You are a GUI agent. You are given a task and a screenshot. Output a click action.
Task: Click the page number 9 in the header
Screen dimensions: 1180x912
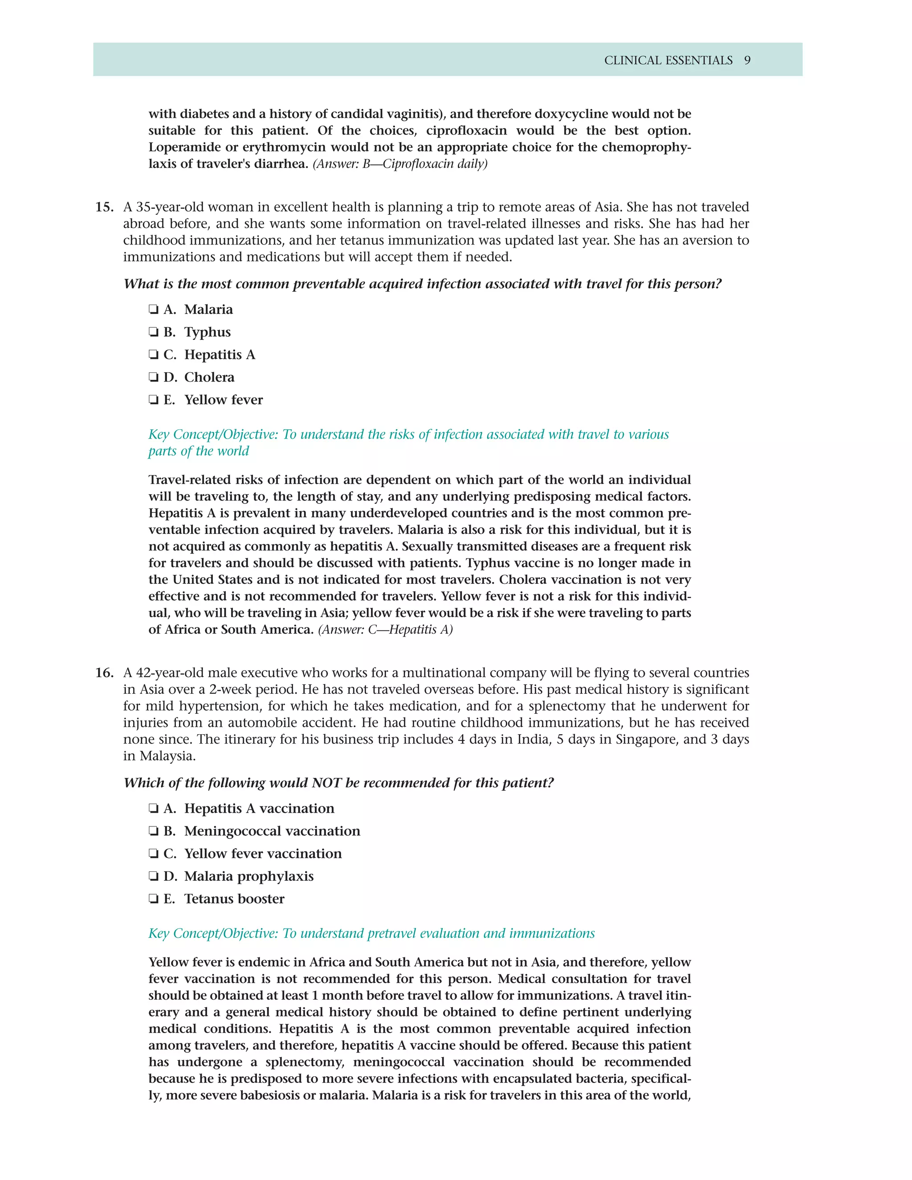[x=747, y=61]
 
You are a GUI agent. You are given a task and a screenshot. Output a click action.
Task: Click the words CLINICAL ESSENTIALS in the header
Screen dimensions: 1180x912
[x=668, y=61]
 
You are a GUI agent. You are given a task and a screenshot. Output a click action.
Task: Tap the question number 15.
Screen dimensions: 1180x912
[x=104, y=208]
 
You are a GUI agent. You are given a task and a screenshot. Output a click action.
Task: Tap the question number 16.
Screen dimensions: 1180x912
[x=104, y=673]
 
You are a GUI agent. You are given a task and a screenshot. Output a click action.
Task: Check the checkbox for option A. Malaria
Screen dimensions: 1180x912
[x=154, y=309]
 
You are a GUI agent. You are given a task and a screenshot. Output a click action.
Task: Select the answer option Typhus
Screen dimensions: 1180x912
[x=207, y=332]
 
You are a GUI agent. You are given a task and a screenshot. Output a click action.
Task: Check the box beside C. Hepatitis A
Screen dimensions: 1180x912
[x=154, y=355]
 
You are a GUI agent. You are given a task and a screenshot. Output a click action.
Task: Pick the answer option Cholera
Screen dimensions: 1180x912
[x=209, y=378]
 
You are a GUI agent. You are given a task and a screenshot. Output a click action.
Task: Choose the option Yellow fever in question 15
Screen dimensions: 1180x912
[x=223, y=400]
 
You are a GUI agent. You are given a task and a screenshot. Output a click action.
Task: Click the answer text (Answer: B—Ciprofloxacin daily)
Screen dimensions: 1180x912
[x=400, y=164]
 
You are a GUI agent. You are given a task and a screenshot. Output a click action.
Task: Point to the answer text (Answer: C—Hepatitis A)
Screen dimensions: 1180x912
[x=385, y=630]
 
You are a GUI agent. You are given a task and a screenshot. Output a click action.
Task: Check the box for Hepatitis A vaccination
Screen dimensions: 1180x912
[x=154, y=809]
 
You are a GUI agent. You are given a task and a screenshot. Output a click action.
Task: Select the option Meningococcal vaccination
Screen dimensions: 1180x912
[x=272, y=831]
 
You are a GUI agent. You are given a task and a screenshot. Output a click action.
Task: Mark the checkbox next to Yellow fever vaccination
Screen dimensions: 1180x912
[x=154, y=854]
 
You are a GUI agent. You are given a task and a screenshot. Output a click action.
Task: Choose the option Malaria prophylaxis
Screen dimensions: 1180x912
[x=248, y=877]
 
